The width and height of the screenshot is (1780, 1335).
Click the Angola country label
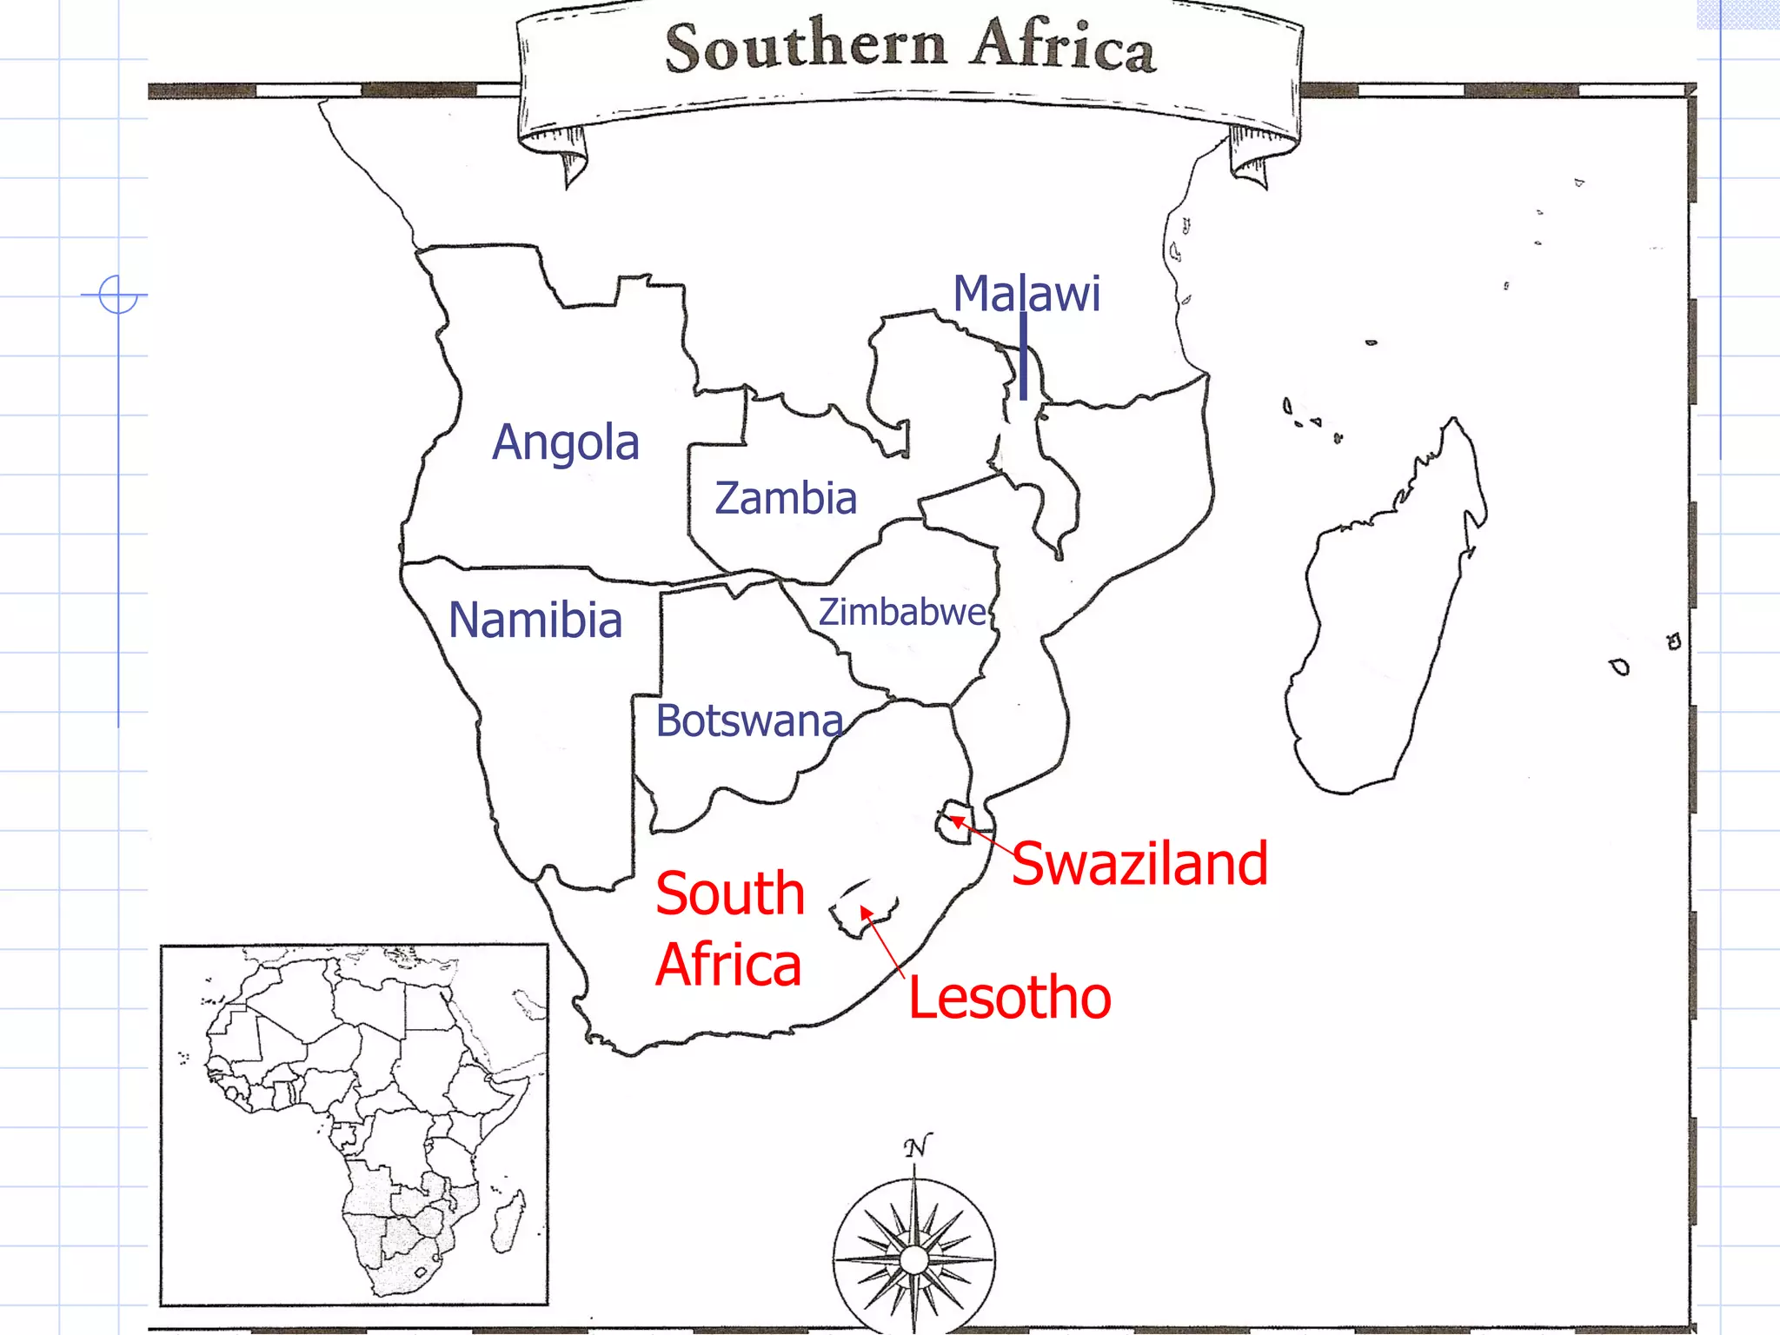click(x=566, y=442)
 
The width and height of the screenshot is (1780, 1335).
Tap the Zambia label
click(x=786, y=498)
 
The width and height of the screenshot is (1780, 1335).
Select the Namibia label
click(x=535, y=621)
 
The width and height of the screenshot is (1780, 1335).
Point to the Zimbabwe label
click(x=902, y=612)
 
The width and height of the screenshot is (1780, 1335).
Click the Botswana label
click(x=749, y=721)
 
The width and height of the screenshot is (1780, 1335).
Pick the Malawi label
click(x=1026, y=293)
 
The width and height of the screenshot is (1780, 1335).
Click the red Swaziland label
click(x=1139, y=863)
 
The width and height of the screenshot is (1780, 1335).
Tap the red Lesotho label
click(x=1009, y=997)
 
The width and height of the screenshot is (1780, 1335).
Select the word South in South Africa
click(x=730, y=893)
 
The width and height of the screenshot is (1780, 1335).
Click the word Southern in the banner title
click(x=806, y=45)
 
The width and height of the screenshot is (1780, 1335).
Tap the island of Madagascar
click(x=1382, y=626)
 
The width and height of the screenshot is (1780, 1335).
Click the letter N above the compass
click(x=917, y=1146)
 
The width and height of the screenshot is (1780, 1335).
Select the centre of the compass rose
click(x=914, y=1259)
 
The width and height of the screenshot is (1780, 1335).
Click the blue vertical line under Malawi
click(x=1024, y=356)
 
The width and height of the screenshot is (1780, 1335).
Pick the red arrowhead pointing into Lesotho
click(x=866, y=912)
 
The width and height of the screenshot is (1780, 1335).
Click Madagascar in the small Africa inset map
click(x=508, y=1221)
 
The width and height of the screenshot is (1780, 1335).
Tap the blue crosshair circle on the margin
click(x=118, y=295)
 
